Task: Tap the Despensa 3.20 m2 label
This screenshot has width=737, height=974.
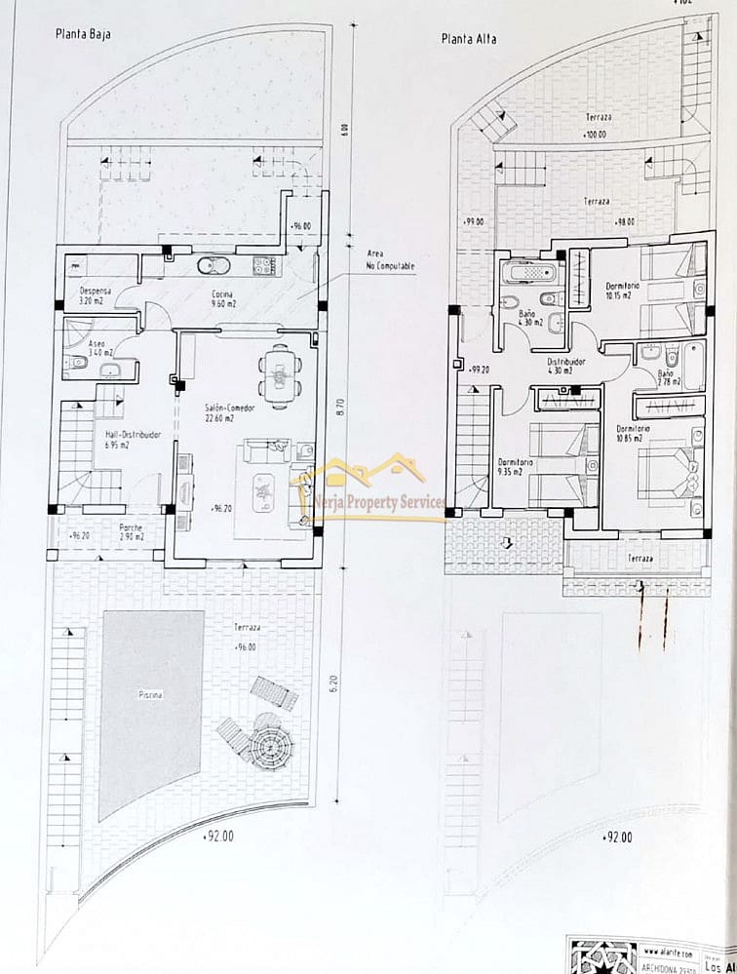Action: click(97, 295)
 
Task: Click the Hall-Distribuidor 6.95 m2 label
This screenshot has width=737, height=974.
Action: click(133, 440)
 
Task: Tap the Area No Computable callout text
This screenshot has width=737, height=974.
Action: click(390, 260)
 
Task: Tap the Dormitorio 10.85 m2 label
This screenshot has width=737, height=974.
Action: click(635, 433)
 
